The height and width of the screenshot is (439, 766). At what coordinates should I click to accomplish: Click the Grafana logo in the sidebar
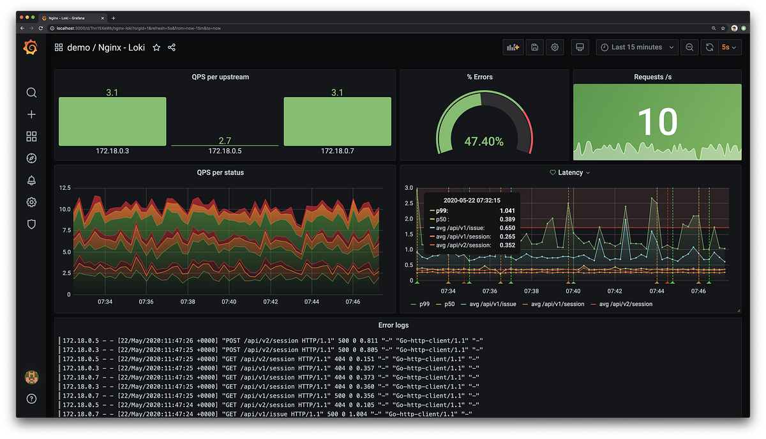click(31, 48)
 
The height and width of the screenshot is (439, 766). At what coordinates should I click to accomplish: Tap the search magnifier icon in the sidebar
click(31, 93)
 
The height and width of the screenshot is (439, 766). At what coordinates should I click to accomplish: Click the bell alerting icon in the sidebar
click(31, 180)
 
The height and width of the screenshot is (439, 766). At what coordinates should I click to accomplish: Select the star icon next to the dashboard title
click(156, 47)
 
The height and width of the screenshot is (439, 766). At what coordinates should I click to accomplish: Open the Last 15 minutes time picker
click(636, 47)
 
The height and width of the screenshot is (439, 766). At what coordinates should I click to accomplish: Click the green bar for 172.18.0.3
click(112, 121)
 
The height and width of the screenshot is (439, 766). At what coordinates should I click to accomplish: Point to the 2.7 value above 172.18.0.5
click(225, 141)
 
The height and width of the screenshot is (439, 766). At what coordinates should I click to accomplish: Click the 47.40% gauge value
click(483, 141)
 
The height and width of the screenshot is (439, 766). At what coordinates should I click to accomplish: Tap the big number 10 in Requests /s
click(657, 121)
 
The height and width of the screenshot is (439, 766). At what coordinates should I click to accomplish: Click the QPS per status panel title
click(220, 173)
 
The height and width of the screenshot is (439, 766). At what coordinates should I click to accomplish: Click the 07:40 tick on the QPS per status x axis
click(229, 302)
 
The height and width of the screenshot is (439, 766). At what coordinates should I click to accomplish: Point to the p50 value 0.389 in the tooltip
click(507, 219)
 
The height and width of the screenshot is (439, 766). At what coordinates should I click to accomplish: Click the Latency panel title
click(570, 173)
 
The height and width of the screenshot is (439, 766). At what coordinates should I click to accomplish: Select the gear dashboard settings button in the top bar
click(555, 47)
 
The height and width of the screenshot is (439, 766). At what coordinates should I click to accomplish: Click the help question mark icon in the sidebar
click(31, 399)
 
